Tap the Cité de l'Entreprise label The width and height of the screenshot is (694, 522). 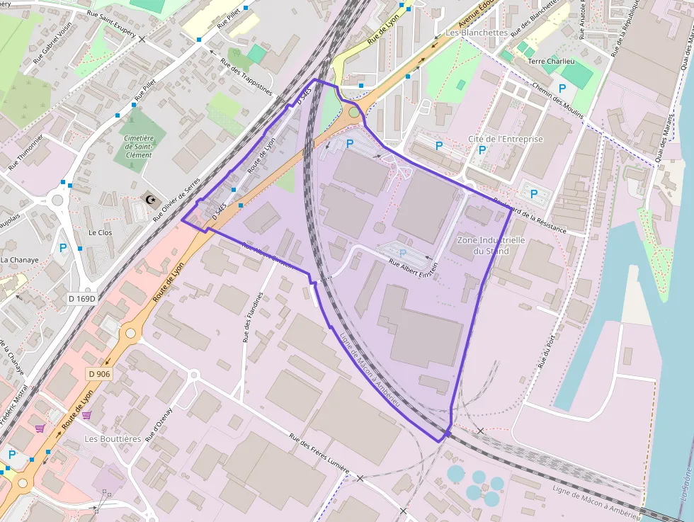click(x=506, y=139)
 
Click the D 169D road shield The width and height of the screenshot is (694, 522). click(x=81, y=299)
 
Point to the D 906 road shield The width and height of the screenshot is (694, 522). click(x=100, y=373)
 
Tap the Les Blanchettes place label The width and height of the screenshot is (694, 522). click(x=477, y=33)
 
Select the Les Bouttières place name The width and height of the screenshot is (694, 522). click(x=113, y=438)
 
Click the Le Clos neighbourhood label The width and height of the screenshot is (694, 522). click(x=100, y=232)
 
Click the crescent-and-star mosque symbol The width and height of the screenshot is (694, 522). click(x=150, y=200)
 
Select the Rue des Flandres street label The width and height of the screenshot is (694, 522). click(x=253, y=317)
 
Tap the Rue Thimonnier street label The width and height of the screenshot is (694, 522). click(x=26, y=152)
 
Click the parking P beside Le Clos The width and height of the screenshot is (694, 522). click(x=63, y=248)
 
